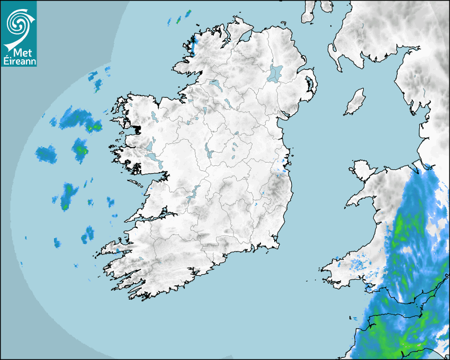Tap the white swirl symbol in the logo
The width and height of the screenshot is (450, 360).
point(19,24)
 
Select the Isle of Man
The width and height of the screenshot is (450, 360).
point(355,102)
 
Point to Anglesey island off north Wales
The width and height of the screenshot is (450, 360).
point(362,168)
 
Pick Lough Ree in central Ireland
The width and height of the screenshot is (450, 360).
point(208,151)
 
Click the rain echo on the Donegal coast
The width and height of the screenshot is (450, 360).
point(193,44)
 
